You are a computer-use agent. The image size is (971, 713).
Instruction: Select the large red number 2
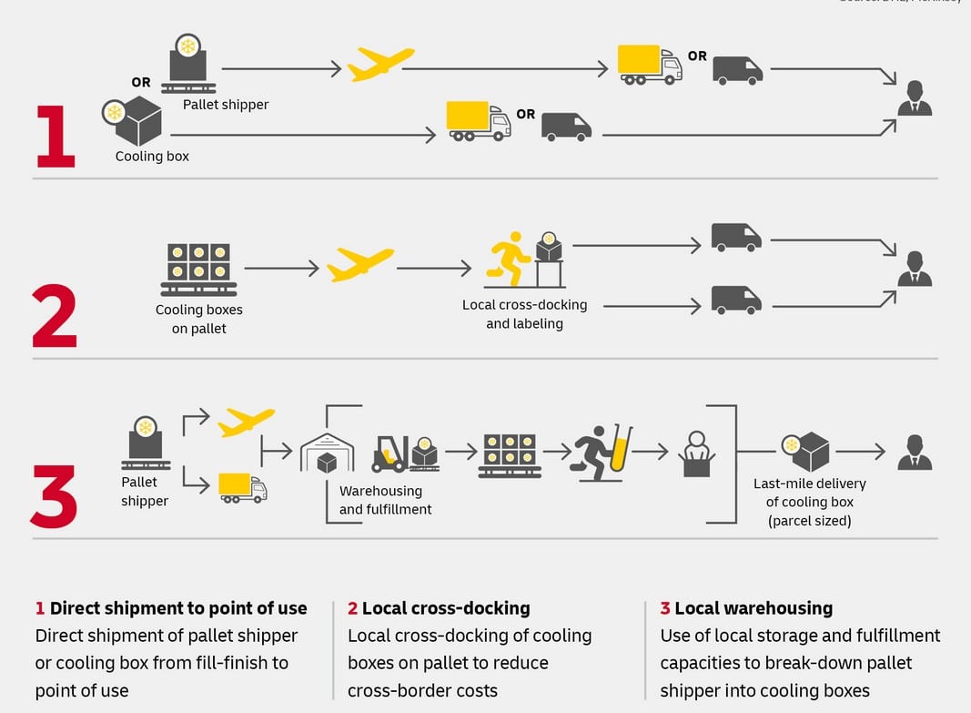click(x=56, y=317)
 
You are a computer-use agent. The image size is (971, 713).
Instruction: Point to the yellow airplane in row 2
click(x=360, y=264)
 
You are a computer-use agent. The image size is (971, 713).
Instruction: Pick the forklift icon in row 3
click(x=390, y=453)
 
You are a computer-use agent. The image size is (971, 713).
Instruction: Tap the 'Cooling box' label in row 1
click(x=152, y=157)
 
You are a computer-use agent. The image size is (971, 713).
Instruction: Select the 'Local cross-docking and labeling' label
click(x=524, y=314)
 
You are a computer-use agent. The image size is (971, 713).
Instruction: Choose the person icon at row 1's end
click(x=915, y=98)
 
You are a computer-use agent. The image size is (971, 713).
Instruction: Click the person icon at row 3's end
click(x=915, y=452)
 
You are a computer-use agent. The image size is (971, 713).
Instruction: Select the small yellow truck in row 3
click(x=242, y=488)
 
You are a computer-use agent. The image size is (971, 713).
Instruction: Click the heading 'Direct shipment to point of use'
click(x=178, y=608)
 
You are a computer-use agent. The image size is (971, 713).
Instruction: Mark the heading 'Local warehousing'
click(x=754, y=608)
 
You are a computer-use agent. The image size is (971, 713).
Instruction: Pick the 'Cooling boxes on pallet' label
click(x=199, y=319)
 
